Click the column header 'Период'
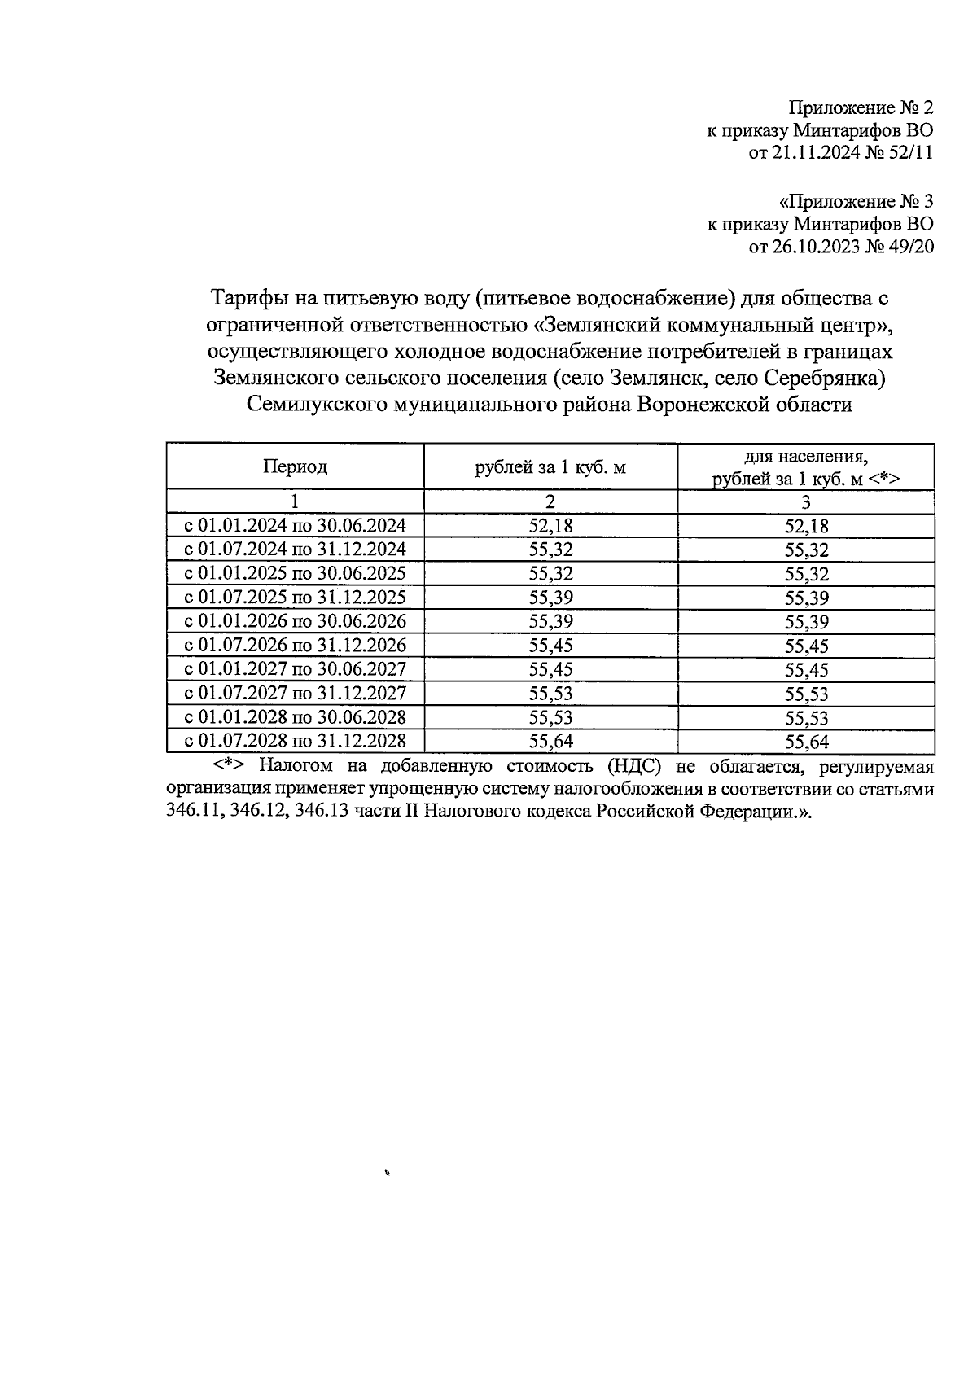pyautogui.click(x=295, y=466)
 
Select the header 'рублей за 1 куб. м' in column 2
pyautogui.click(x=550, y=467)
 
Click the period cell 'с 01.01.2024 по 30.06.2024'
pyautogui.click(x=295, y=526)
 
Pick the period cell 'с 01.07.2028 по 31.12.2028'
pyautogui.click(x=295, y=741)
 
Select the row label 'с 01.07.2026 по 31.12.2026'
pyautogui.click(x=295, y=646)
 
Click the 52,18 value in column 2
pyautogui.click(x=550, y=526)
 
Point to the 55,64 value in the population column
pyautogui.click(x=806, y=742)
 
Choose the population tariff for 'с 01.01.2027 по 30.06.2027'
pyautogui.click(x=806, y=670)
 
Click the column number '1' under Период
pyautogui.click(x=295, y=501)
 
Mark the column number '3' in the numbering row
pyautogui.click(x=806, y=501)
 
